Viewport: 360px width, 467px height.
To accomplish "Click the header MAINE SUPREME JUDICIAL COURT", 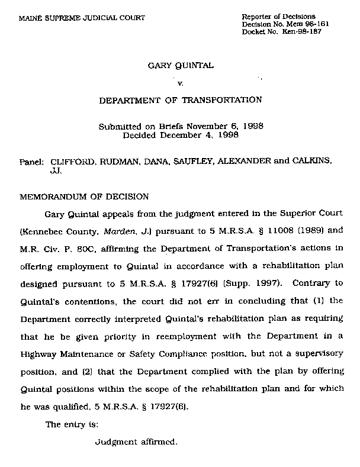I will tap(82, 18).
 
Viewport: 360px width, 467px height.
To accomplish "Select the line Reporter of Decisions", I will tap(279, 16).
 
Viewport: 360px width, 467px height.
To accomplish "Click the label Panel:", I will tap(32, 161).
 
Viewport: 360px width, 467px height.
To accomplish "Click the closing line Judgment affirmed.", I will tap(136, 442).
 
